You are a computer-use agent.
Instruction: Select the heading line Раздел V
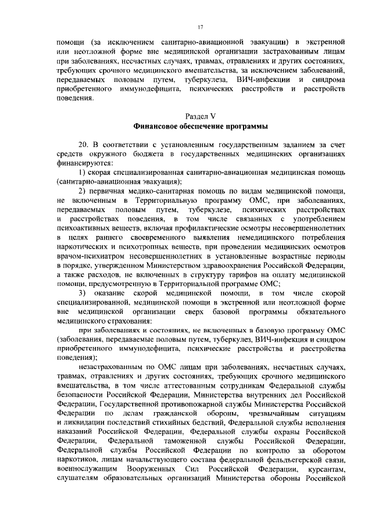point(201,117)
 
